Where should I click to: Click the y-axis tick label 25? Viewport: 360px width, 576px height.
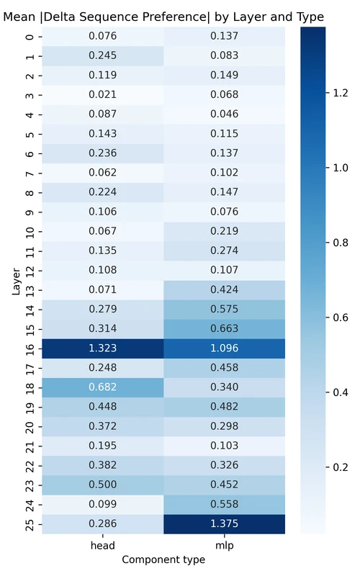(x=29, y=523)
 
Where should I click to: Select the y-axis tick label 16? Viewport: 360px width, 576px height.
(x=29, y=348)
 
